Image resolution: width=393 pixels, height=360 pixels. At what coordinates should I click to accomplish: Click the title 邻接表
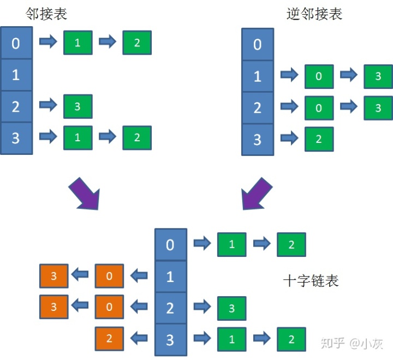46,14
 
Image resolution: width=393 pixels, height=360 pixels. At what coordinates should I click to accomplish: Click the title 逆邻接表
314,14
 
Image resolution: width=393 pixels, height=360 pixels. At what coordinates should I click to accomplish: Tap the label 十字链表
311,280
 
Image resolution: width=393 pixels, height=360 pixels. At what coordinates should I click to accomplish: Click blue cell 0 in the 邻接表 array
15,43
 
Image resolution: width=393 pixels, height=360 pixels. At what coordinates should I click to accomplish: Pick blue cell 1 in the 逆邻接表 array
258,75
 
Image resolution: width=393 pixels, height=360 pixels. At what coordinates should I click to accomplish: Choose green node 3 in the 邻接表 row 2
78,106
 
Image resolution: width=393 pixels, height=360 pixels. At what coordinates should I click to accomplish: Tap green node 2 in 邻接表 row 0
136,43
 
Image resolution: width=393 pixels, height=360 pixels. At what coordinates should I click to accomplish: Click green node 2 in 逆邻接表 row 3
319,139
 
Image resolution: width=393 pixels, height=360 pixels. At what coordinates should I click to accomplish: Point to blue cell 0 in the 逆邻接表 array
258,44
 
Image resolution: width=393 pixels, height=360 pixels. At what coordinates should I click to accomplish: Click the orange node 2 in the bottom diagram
109,339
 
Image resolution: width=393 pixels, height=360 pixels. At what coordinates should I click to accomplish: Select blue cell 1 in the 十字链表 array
170,276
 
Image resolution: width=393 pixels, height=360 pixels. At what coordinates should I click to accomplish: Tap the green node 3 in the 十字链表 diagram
231,309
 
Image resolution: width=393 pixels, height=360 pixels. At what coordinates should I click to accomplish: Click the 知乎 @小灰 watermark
352,343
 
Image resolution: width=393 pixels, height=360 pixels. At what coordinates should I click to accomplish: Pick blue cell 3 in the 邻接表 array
15,138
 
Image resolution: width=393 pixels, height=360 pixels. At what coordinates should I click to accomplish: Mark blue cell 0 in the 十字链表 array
170,244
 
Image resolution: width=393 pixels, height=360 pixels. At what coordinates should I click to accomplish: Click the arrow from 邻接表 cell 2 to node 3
49,106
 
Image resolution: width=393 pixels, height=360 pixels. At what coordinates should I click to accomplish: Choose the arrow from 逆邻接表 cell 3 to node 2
289,139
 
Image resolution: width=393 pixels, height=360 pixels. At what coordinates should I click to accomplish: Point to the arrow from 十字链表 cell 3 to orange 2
139,339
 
